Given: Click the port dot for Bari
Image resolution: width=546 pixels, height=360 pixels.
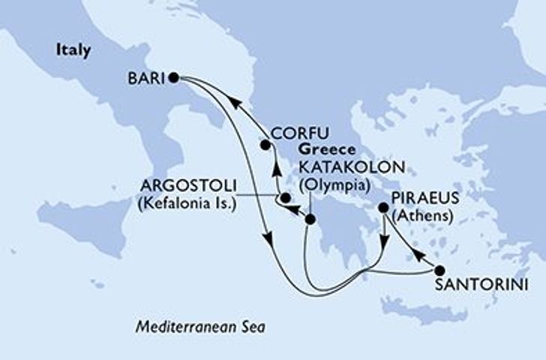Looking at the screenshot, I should tap(173, 76).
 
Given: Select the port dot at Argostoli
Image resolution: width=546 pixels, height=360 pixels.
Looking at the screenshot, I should tap(284, 199).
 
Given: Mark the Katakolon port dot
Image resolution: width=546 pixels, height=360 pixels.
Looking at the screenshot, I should tap(310, 219).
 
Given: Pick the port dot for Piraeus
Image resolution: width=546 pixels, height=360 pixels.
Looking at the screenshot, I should tap(385, 211).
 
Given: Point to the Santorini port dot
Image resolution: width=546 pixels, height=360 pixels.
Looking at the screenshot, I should tap(439, 271).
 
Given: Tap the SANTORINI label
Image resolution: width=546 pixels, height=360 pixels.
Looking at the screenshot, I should tap(478, 285).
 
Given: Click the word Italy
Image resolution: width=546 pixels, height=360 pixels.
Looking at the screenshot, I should tap(73, 51).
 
